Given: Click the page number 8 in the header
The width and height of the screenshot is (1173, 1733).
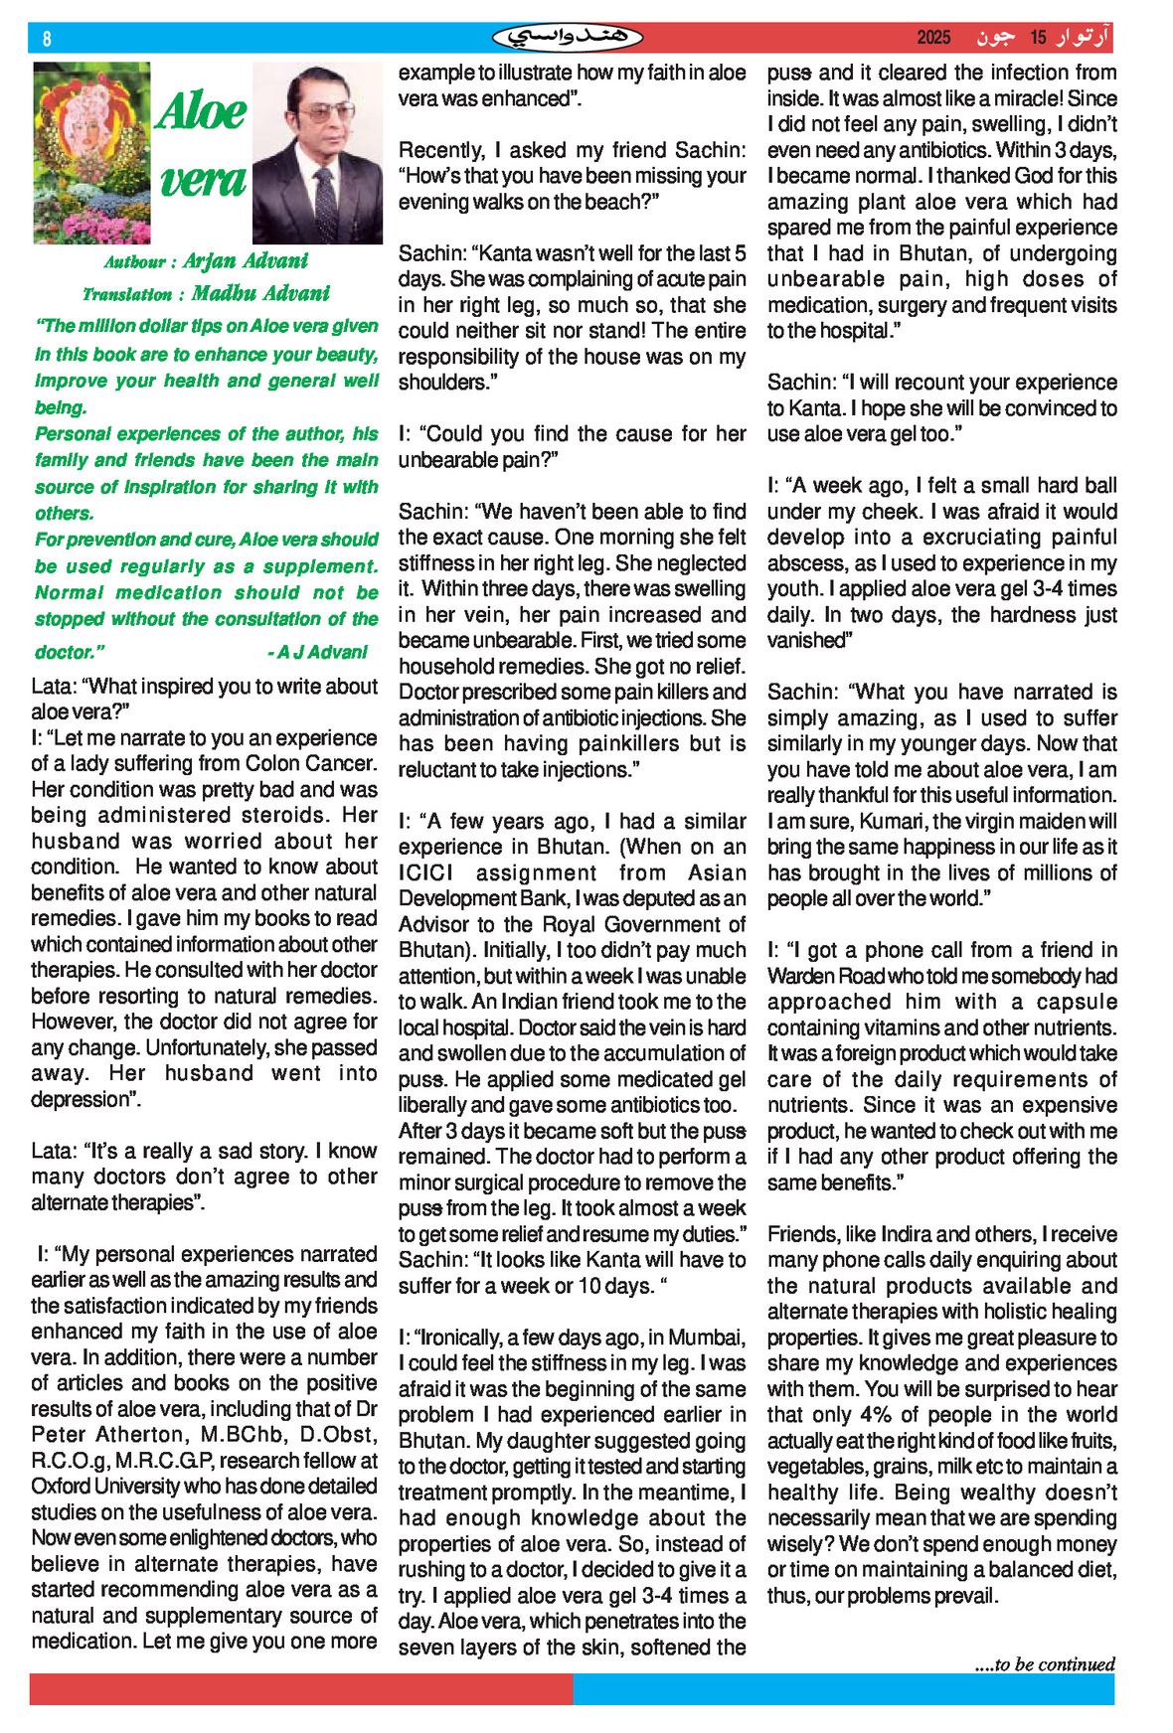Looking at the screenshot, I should coord(47,39).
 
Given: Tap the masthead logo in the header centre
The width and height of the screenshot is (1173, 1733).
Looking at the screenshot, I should coord(568,38).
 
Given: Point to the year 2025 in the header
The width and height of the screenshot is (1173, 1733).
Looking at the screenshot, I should coord(933,38).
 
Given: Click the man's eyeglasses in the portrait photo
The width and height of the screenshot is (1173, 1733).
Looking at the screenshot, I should coord(315,111).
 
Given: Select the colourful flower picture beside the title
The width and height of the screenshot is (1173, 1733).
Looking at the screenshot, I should coord(91,153).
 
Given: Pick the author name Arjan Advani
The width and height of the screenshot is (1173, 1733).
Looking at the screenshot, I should coord(246,261).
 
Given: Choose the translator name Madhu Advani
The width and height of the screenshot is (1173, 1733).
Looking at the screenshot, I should coord(260,293).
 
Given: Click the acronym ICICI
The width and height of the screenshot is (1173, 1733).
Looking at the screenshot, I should coord(425,872).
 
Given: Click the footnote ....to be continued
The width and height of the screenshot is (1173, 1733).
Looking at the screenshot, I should coord(1045,1664).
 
